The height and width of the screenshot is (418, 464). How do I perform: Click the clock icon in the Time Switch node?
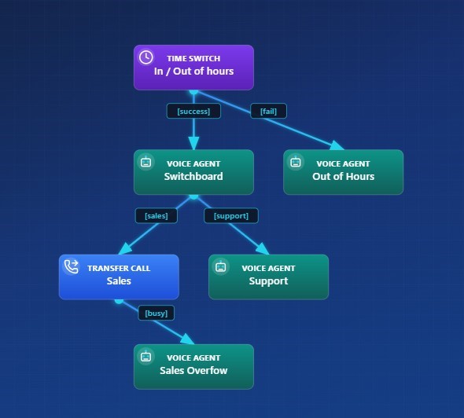[x=145, y=57]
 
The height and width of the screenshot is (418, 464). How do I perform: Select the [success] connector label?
[x=193, y=111]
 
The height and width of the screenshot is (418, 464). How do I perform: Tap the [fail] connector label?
[x=268, y=111]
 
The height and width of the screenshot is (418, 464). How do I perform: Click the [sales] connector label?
[x=157, y=215]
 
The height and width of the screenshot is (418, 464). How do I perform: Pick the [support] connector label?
[x=231, y=215]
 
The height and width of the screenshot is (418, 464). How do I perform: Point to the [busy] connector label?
[x=157, y=313]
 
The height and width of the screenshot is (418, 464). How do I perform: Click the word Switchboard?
[x=193, y=177]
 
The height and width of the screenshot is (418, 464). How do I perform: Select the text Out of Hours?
[x=344, y=177]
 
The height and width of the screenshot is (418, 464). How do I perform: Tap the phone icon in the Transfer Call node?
[x=71, y=267]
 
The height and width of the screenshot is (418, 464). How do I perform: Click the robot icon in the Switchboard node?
[x=145, y=163]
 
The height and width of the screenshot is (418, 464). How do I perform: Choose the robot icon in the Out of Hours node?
[x=296, y=163]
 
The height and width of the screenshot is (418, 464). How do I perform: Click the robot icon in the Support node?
[x=221, y=267]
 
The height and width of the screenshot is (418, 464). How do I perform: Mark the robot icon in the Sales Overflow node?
[x=145, y=357]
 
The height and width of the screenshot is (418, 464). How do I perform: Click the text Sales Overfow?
[x=193, y=371]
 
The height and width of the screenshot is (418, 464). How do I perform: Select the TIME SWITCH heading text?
[x=193, y=58]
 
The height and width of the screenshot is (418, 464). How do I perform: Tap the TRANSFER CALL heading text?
[x=119, y=268]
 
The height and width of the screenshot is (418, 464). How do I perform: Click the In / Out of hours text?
[x=193, y=71]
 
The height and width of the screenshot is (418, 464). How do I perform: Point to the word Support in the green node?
[x=268, y=281]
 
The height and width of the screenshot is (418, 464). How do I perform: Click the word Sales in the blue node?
[x=119, y=281]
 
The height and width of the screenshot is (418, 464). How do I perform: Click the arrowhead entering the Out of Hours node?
[x=337, y=145]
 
